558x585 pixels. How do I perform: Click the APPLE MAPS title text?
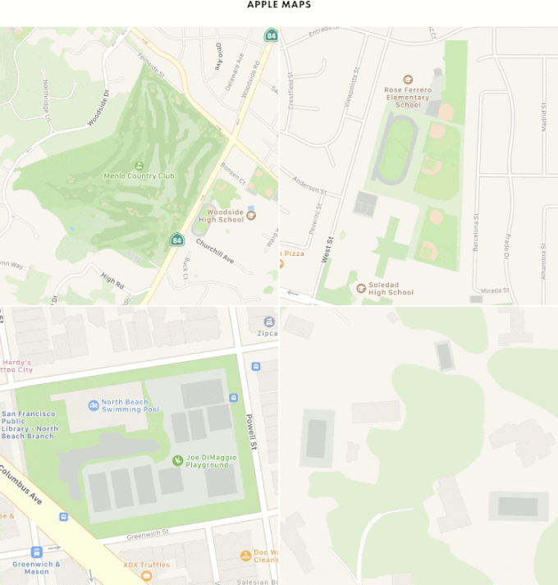coord(279,5)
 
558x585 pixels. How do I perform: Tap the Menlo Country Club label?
coord(139,176)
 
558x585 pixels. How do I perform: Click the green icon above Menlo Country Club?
coord(138,165)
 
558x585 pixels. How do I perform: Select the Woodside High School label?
coord(222,216)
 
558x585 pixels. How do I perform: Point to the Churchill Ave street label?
coord(215,251)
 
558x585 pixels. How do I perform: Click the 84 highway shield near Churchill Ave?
coord(176,240)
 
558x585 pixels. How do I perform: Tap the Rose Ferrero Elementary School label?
coord(408,97)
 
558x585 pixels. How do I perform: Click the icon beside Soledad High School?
coord(361,287)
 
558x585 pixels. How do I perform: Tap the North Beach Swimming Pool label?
coord(130,405)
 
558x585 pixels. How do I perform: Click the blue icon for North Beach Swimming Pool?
coord(93,405)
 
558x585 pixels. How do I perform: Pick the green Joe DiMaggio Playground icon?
coord(177,461)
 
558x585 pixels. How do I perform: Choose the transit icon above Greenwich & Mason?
coord(36,552)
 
